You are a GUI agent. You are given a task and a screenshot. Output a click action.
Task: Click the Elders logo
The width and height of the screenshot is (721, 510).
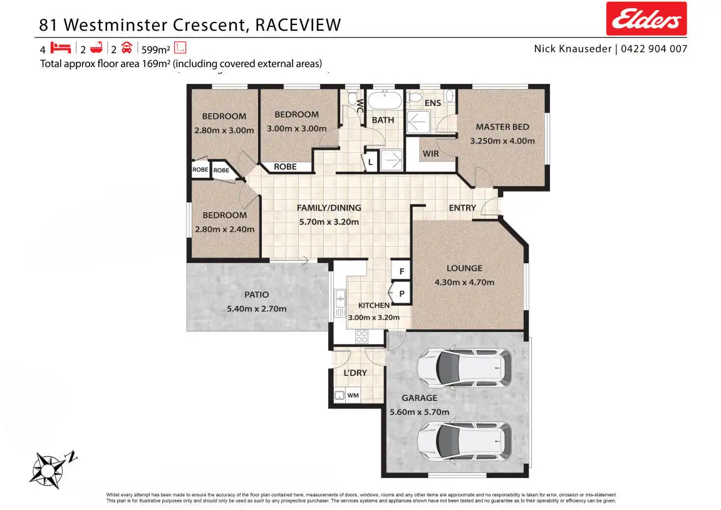coord(646,19)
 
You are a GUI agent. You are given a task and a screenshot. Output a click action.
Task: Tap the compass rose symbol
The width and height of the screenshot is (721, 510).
coord(48,467)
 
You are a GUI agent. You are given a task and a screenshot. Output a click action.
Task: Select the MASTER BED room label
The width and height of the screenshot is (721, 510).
coord(502,127)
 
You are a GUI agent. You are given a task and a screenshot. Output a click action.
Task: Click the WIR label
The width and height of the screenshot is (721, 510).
coord(431,154)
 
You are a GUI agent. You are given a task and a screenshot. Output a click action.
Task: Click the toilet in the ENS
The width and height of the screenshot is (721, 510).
coord(414,98)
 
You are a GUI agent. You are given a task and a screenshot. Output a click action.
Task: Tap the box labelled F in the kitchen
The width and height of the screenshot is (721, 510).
coord(401,271)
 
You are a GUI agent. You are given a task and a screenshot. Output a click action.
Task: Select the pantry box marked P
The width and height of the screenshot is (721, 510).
coord(401,293)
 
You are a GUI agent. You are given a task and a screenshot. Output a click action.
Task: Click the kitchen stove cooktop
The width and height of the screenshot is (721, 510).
coord(362,336)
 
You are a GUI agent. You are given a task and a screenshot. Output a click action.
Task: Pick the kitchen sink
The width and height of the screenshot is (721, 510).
coord(340,303)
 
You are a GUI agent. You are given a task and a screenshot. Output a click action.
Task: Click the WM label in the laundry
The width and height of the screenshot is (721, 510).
coord(353,395)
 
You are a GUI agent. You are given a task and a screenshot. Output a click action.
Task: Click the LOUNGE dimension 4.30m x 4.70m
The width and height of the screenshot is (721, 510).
coord(464,282)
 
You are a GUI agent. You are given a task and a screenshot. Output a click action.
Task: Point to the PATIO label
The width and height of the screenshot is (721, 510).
coord(256,294)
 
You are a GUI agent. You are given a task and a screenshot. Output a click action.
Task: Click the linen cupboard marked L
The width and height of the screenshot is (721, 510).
coord(370,162)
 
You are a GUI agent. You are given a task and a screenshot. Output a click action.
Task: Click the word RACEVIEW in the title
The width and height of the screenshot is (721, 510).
coord(298,24)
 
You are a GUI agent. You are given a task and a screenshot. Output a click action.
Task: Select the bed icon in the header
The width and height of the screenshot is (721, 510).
coord(60,48)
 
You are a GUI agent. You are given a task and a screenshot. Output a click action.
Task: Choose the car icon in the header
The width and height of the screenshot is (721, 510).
coord(126,48)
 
